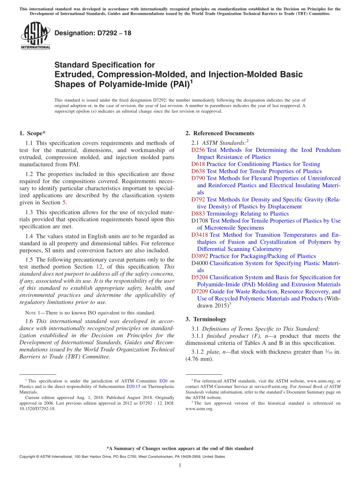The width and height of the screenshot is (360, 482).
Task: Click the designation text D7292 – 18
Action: click(x=93, y=33)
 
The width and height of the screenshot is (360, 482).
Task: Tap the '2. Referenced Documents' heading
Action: click(x=220, y=133)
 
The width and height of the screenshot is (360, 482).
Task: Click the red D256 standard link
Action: click(x=198, y=150)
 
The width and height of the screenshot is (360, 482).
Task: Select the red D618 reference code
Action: click(x=198, y=164)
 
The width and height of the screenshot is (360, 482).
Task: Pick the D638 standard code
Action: click(x=198, y=171)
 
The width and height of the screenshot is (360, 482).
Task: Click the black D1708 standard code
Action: click(x=200, y=221)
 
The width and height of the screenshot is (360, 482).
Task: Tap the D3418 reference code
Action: click(x=200, y=235)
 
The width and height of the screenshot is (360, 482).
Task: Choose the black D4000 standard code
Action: click(x=200, y=263)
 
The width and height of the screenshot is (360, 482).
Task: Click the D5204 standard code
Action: click(x=200, y=277)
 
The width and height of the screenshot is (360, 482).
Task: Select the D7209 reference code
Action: click(x=200, y=291)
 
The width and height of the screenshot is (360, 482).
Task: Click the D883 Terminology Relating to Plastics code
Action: click(x=198, y=214)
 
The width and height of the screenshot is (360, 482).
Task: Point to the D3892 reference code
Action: click(x=200, y=256)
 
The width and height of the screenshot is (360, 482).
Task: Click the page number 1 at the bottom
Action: click(x=180, y=465)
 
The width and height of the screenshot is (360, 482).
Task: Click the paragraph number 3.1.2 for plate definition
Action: click(x=198, y=352)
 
